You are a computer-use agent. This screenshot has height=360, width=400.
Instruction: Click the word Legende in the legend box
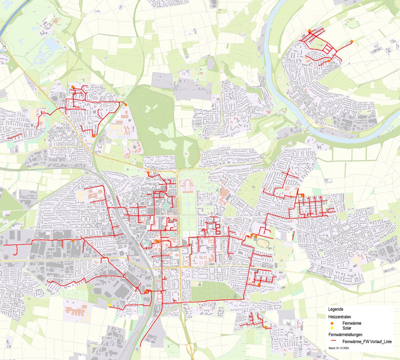(336, 309)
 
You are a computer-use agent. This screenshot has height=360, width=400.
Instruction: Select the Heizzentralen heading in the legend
(340, 316)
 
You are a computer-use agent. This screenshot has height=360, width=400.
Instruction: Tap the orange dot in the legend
(332, 323)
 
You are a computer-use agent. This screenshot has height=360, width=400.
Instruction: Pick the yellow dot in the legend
(332, 328)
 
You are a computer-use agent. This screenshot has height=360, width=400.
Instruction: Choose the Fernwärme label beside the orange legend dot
(352, 323)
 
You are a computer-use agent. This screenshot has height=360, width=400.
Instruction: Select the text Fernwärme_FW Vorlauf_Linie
(367, 341)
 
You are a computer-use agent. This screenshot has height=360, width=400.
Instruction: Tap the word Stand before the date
(332, 348)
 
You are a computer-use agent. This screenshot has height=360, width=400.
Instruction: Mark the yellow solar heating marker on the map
(109, 305)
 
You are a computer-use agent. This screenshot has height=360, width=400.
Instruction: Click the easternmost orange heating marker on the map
(352, 42)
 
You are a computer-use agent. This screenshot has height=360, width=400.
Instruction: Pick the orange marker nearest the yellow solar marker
(147, 291)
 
